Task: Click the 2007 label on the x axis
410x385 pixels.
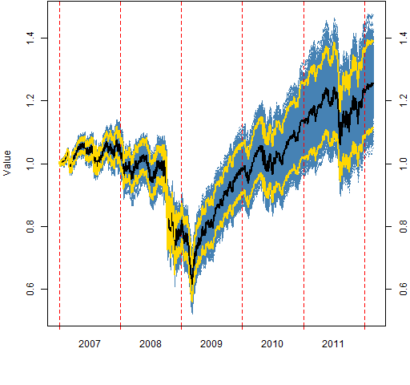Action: click(x=90, y=344)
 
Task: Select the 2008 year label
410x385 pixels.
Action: click(x=151, y=344)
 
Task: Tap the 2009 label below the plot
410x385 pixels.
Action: click(x=211, y=344)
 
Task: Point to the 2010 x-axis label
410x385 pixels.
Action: click(x=272, y=344)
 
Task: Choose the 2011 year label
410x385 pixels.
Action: click(x=333, y=344)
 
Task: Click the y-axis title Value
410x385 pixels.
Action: click(x=7, y=163)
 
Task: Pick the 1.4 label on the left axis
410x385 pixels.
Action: click(x=30, y=38)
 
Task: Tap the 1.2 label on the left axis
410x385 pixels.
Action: click(x=30, y=100)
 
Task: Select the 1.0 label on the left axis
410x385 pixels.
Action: click(x=30, y=164)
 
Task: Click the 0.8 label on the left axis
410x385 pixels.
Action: click(x=30, y=226)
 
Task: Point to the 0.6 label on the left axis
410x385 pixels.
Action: click(x=30, y=289)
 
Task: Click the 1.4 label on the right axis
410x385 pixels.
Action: click(x=404, y=38)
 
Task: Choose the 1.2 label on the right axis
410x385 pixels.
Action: click(x=404, y=100)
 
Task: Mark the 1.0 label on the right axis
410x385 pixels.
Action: click(x=404, y=164)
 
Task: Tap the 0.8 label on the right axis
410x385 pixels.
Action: click(x=404, y=226)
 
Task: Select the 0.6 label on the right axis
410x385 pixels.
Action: click(x=404, y=289)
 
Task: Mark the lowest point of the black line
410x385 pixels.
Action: click(x=192, y=285)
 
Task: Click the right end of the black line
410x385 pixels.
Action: click(x=373, y=84)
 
